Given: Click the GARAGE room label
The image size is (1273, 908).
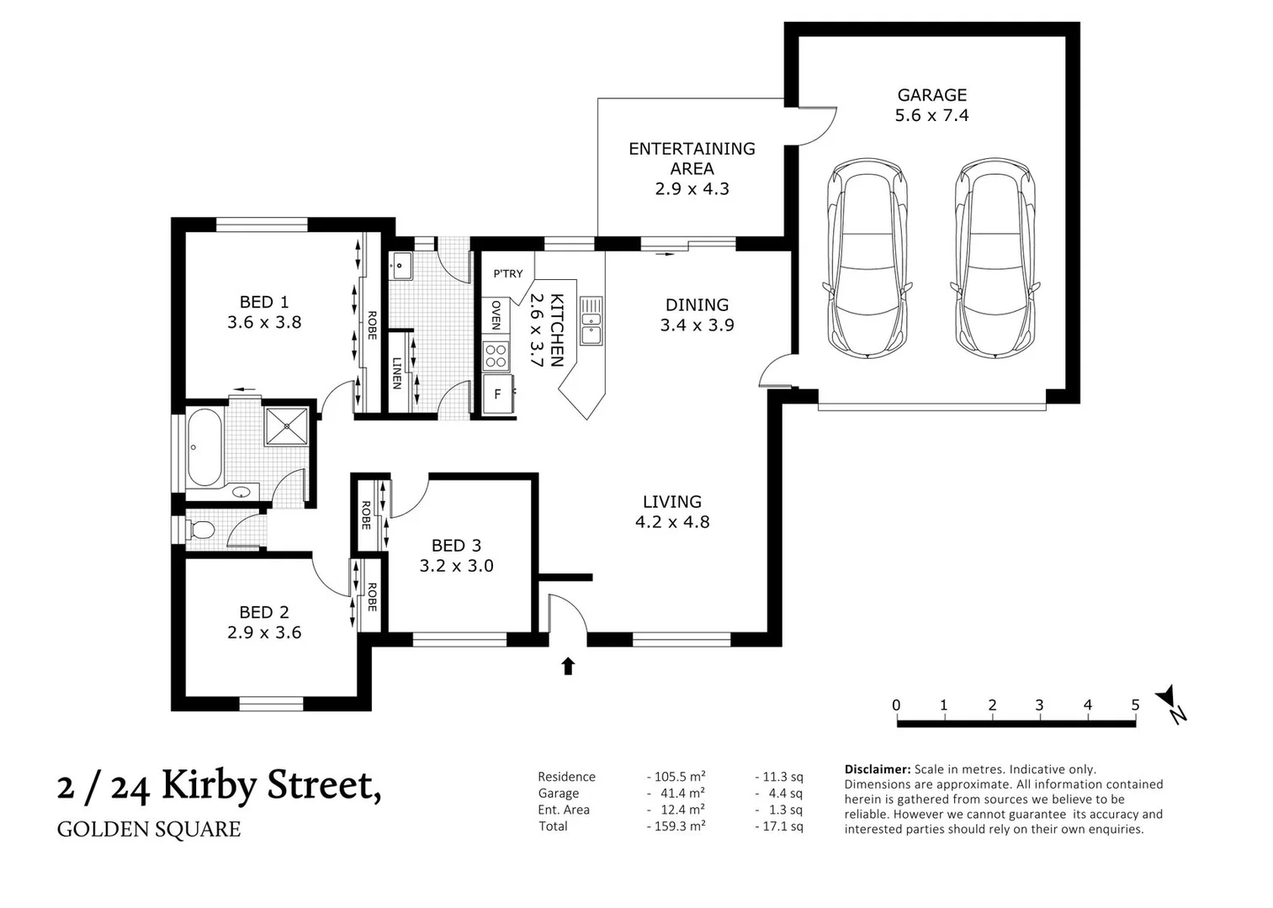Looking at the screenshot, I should [x=931, y=95].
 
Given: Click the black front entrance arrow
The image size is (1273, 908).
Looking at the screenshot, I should [x=568, y=666].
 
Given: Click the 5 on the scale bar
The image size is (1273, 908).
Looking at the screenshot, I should [x=1135, y=705].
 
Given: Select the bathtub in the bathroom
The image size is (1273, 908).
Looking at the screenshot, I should [x=204, y=447].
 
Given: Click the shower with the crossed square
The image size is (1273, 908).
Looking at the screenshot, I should [x=288, y=425].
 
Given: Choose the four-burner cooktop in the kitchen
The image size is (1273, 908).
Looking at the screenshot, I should [x=496, y=356].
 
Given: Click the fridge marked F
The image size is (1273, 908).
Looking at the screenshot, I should [x=498, y=393].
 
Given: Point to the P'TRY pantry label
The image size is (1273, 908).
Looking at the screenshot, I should [x=507, y=273].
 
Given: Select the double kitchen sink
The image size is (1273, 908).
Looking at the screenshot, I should [x=591, y=320].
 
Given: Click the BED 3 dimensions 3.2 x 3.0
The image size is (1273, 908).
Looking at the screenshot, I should [x=456, y=566].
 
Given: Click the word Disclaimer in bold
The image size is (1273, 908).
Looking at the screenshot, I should [x=877, y=768].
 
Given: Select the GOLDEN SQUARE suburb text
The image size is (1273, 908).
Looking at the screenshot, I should [x=149, y=829].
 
